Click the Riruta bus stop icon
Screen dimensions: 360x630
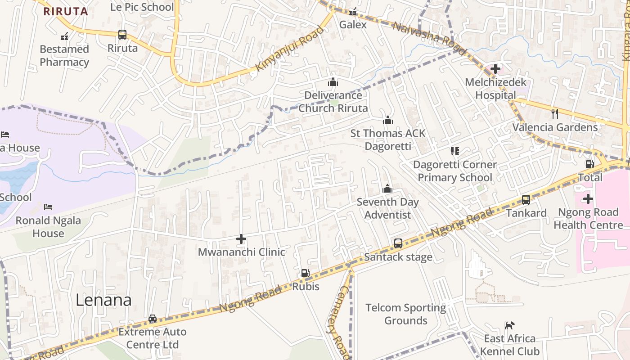pyautogui.click(x=122, y=35)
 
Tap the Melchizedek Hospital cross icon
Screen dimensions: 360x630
pyautogui.click(x=495, y=69)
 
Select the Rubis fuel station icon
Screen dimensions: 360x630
pyautogui.click(x=306, y=273)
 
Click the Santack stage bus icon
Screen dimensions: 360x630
pyautogui.click(x=398, y=243)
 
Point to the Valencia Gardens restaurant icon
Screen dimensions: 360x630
pyautogui.click(x=555, y=113)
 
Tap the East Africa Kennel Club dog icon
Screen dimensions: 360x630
pyautogui.click(x=509, y=325)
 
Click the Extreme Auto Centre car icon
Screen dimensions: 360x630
pyautogui.click(x=153, y=319)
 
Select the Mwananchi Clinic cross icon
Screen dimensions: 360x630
pyautogui.click(x=241, y=239)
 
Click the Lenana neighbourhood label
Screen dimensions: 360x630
pyautogui.click(x=103, y=300)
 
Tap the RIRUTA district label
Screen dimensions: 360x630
pyautogui.click(x=66, y=12)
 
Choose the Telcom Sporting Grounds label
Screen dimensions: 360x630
pyautogui.click(x=405, y=314)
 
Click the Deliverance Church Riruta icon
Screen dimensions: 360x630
pyautogui.click(x=333, y=82)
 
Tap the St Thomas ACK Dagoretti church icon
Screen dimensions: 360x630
pyautogui.click(x=387, y=120)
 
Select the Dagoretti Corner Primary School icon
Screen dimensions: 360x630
pyautogui.click(x=454, y=151)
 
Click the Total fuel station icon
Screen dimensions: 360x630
pyautogui.click(x=589, y=165)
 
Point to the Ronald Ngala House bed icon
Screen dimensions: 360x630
pyautogui.click(x=48, y=207)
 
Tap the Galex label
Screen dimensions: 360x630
pyautogui.click(x=353, y=25)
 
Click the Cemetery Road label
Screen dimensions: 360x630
pyautogui.click(x=338, y=322)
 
